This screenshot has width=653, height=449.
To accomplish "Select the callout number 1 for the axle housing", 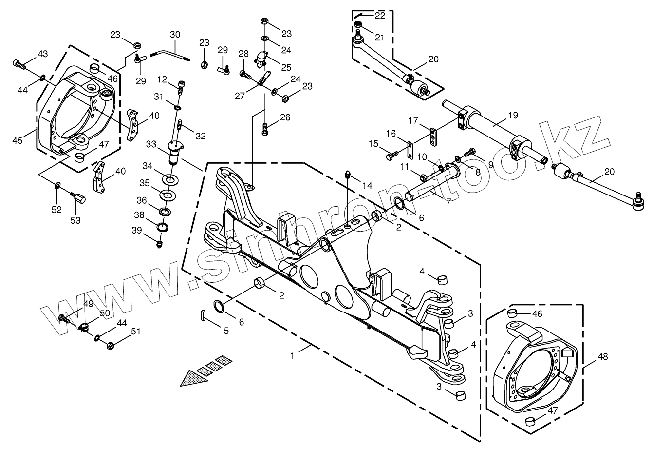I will click(292, 356).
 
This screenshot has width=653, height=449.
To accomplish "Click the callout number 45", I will click(18, 140).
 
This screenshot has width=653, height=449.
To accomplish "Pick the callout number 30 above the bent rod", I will click(175, 35).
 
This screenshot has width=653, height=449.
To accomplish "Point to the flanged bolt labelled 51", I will click(110, 345).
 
